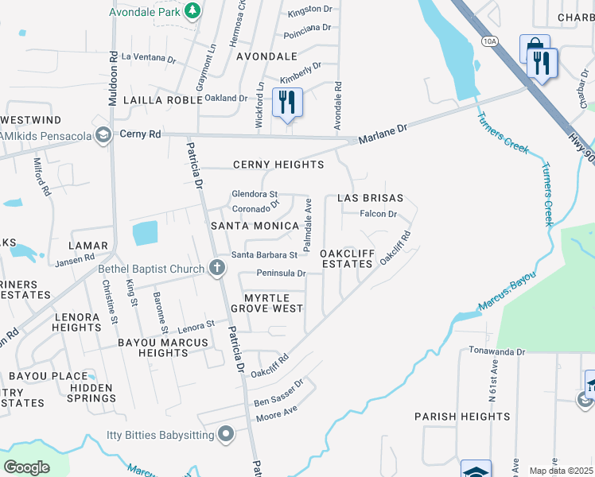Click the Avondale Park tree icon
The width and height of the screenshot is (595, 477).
click(192, 10)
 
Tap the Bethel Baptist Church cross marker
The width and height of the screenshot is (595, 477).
click(217, 268)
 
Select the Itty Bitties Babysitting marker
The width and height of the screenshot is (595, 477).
click(226, 434)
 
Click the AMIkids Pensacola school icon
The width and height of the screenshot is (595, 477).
click(102, 135)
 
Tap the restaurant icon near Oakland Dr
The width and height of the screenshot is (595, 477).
click(287, 102)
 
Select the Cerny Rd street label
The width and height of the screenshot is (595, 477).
click(141, 134)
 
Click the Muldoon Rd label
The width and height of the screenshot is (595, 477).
click(113, 69)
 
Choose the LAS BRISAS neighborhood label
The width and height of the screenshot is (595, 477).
click(370, 197)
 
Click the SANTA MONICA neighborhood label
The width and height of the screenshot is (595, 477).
click(254, 226)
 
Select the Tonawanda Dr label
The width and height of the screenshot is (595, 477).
click(497, 351)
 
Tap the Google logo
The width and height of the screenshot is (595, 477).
click(26, 467)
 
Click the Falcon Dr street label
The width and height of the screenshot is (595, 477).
click(378, 214)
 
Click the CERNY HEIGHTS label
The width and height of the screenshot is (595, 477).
click(278, 165)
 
